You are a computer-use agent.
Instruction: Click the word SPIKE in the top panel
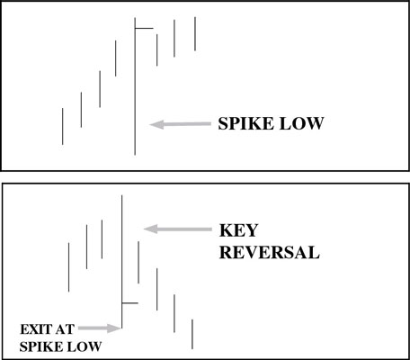tap(246, 123)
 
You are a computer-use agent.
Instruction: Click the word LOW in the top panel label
tap(301, 123)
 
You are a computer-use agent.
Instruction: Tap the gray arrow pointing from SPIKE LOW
tap(180, 124)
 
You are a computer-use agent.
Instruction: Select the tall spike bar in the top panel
tap(135, 86)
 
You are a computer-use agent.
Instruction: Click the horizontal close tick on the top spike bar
tap(144, 29)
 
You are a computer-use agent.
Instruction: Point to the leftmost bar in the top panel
tap(63, 126)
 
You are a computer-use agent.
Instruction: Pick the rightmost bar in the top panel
tap(195, 33)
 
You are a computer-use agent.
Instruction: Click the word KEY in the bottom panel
tap(238, 230)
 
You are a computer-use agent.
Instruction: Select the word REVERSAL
tap(270, 252)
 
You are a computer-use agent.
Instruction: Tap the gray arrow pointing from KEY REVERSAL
tap(178, 229)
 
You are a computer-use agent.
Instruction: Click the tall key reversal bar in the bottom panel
tap(121, 262)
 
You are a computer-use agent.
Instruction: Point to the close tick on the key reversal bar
tap(130, 303)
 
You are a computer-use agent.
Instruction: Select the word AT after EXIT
tap(64, 329)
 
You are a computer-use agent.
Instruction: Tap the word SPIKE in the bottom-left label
tap(39, 346)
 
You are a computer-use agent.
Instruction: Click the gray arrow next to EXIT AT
tap(99, 328)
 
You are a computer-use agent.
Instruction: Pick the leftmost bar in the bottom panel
tap(69, 267)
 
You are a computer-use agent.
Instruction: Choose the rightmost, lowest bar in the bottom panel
tap(192, 334)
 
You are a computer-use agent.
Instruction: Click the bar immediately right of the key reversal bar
tap(138, 262)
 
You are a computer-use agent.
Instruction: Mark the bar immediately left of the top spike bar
tap(116, 58)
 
